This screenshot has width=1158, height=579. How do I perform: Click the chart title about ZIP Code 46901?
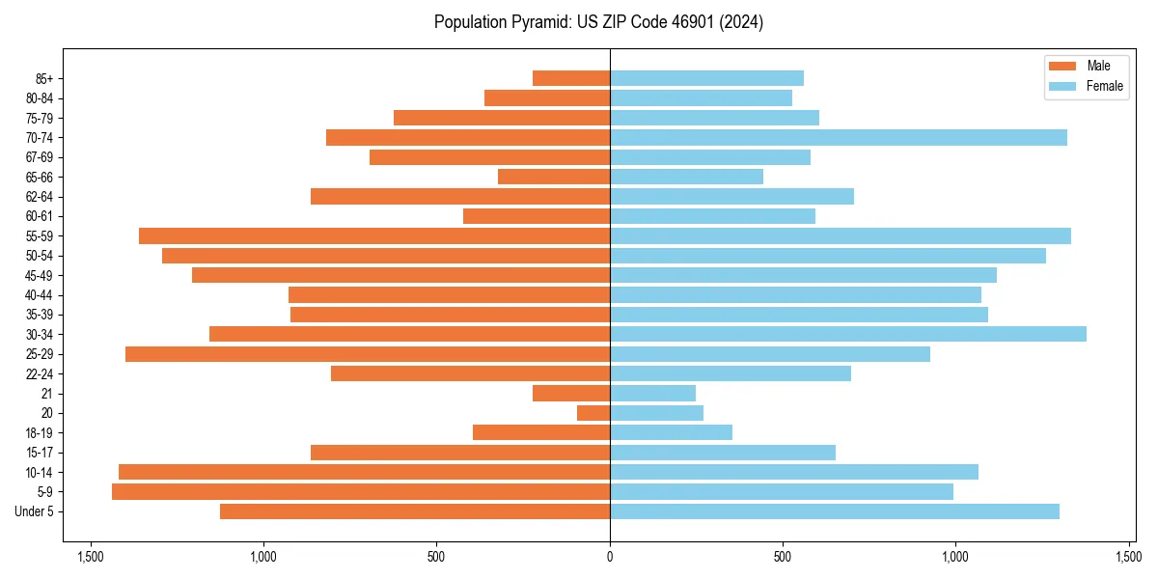pyautogui.click(x=598, y=22)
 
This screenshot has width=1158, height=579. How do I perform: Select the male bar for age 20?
pyautogui.click(x=593, y=413)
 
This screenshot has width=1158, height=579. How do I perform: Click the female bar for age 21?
pyautogui.click(x=652, y=394)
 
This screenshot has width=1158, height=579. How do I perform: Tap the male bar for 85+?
pyautogui.click(x=571, y=78)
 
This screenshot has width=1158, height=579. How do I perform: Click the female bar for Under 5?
pyautogui.click(x=835, y=511)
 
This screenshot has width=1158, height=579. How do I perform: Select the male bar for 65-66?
pyautogui.click(x=554, y=177)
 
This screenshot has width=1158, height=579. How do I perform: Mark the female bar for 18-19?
pyautogui.click(x=671, y=432)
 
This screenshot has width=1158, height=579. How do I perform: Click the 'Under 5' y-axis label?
pyautogui.click(x=35, y=511)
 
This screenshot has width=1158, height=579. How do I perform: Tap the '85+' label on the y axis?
pyautogui.click(x=43, y=78)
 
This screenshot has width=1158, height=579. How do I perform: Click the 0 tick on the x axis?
pyautogui.click(x=610, y=557)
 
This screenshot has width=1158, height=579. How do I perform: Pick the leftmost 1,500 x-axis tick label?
pyautogui.click(x=91, y=557)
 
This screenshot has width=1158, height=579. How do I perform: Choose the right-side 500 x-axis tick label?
pyautogui.click(x=783, y=557)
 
